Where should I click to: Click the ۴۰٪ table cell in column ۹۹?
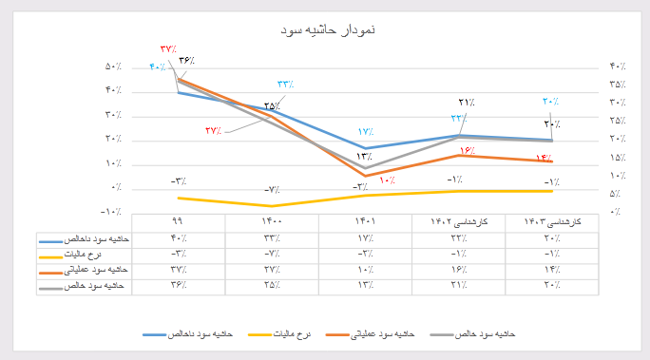click(x=178, y=237)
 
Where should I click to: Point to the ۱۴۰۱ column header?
click(x=365, y=221)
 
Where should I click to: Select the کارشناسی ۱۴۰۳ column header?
click(x=552, y=221)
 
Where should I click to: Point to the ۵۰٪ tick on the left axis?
click(x=112, y=66)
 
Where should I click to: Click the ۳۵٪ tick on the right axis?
click(x=615, y=85)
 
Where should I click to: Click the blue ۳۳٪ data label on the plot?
click(x=285, y=85)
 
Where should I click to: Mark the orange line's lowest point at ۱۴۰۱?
click(x=365, y=176)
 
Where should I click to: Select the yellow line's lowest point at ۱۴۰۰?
click(x=272, y=206)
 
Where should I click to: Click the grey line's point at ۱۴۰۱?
click(x=365, y=168)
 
